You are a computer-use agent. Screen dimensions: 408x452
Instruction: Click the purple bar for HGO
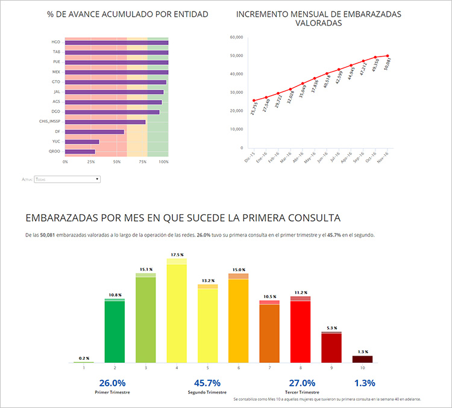click(116, 43)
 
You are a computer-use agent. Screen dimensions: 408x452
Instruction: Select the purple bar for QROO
click(80, 151)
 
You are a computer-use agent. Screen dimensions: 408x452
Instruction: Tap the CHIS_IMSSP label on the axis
click(51, 122)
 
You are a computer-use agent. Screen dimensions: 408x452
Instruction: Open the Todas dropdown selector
click(67, 179)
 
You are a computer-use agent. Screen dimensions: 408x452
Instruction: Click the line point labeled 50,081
click(388, 55)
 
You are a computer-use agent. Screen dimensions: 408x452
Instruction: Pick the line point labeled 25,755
click(254, 100)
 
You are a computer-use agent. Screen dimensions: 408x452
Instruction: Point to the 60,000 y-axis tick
click(236, 37)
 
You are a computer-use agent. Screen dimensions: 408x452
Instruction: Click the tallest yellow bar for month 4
click(177, 313)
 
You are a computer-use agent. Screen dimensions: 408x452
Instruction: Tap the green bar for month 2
click(115, 331)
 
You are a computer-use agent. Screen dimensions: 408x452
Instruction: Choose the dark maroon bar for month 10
click(362, 359)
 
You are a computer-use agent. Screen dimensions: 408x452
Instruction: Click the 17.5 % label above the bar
click(177, 255)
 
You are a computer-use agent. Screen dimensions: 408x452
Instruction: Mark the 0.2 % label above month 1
click(83, 358)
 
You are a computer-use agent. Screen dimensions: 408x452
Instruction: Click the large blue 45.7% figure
click(207, 383)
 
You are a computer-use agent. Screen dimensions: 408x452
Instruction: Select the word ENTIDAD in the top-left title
click(187, 14)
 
